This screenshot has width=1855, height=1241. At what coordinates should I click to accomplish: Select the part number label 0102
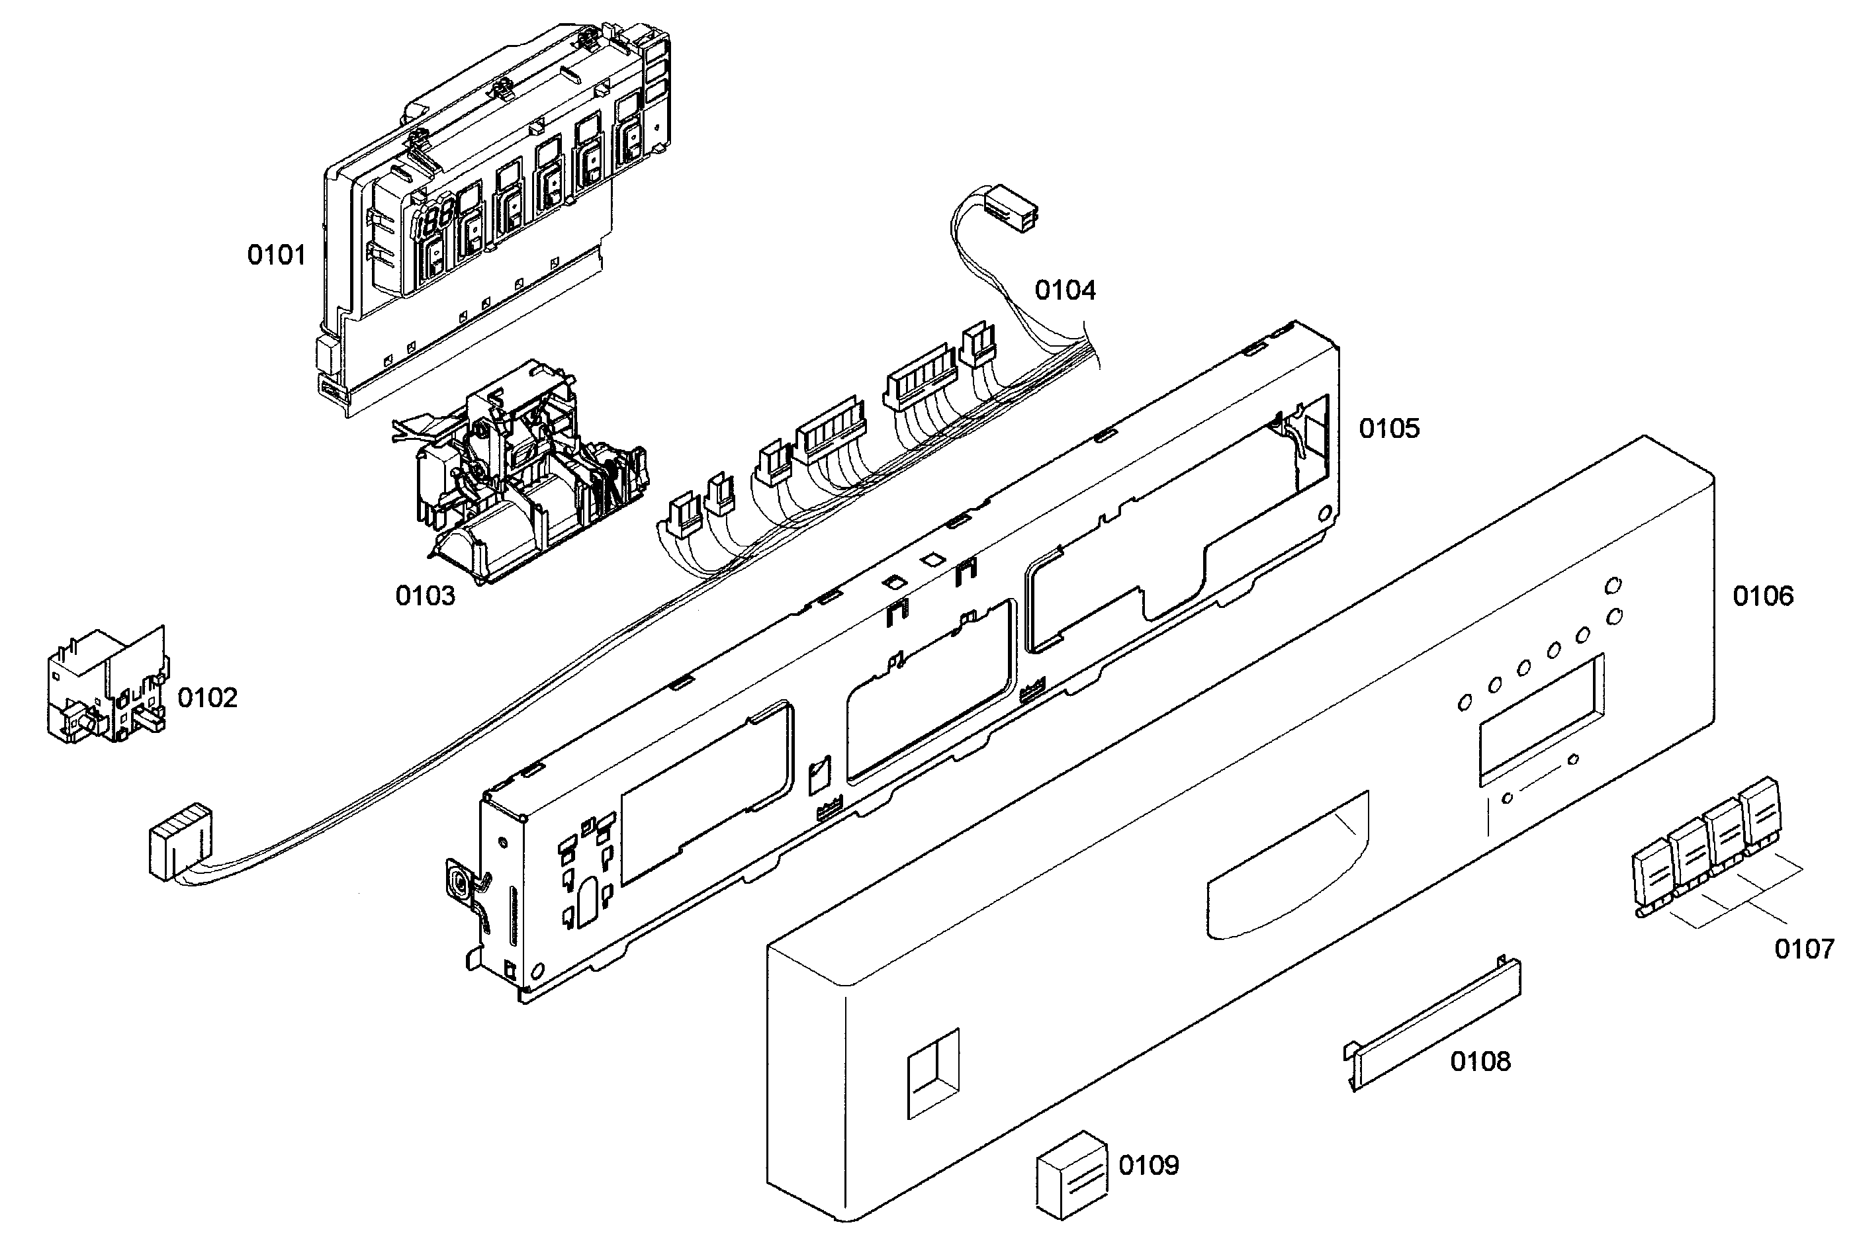[206, 697]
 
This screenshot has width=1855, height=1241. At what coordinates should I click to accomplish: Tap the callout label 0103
[425, 595]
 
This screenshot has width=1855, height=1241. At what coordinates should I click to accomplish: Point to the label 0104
[1065, 290]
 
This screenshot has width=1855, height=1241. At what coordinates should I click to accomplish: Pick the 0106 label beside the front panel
[1762, 596]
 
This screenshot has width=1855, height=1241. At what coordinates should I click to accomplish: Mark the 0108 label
[1480, 1061]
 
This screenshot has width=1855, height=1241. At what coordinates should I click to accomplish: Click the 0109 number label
[1148, 1165]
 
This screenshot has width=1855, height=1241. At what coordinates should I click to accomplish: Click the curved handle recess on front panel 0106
[1287, 867]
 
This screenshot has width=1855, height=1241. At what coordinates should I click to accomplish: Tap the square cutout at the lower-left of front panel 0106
[932, 1073]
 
